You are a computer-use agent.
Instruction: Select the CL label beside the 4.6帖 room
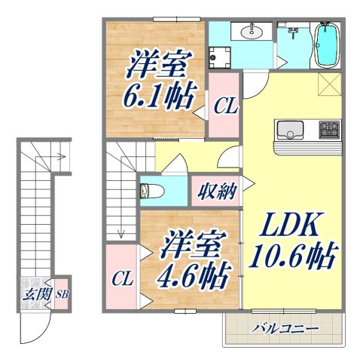coord(122,279)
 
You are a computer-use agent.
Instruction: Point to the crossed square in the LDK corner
coord(329,85)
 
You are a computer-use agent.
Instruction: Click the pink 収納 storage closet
coord(216,190)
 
